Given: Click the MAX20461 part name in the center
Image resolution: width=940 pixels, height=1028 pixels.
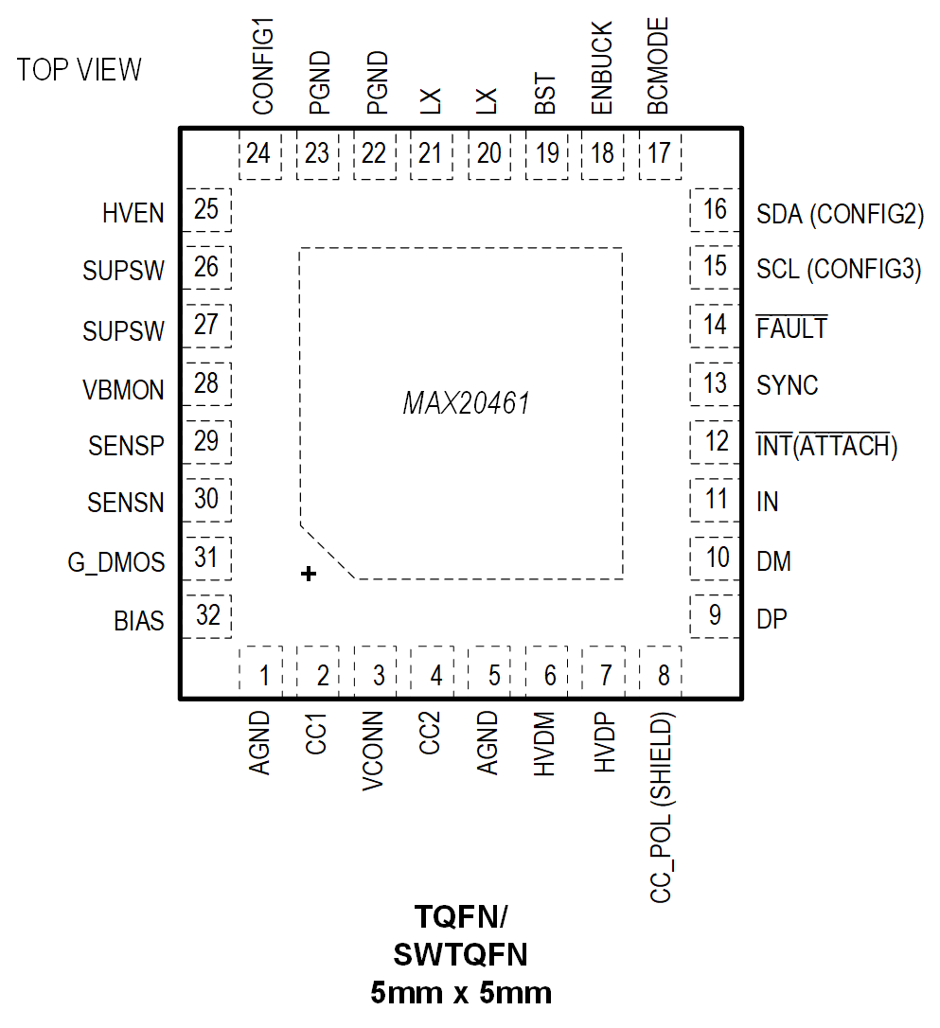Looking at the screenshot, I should (466, 404).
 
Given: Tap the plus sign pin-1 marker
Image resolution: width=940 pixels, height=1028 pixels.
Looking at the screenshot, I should (308, 574).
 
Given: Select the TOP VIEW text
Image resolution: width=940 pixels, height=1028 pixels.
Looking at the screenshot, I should (80, 70).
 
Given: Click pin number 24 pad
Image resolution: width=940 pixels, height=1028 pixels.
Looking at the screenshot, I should (257, 153).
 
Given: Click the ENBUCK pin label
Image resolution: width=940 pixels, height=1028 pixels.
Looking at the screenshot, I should (602, 69).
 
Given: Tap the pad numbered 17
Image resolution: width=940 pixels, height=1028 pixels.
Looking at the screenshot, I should (660, 153).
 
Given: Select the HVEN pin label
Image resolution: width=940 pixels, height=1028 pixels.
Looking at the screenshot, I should (133, 214).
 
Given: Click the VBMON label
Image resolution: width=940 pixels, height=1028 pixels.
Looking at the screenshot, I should (123, 390).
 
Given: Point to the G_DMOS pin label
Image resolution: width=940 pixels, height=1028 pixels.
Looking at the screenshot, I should (115, 563).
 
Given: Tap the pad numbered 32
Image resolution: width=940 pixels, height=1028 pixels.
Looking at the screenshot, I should (207, 616).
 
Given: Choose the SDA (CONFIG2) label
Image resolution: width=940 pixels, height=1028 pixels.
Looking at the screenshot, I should (840, 214).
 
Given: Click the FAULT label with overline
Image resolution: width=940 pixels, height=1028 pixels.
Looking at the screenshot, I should (791, 328).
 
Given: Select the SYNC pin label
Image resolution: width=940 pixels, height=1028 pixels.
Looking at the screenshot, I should (788, 386).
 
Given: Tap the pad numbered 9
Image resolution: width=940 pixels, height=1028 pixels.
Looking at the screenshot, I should (715, 616).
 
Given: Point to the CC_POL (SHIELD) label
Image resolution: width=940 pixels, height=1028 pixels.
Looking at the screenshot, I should (663, 806).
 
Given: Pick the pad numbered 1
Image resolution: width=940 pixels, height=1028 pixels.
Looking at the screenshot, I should (264, 675).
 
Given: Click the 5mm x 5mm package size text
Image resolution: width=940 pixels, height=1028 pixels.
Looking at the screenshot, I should (461, 993).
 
